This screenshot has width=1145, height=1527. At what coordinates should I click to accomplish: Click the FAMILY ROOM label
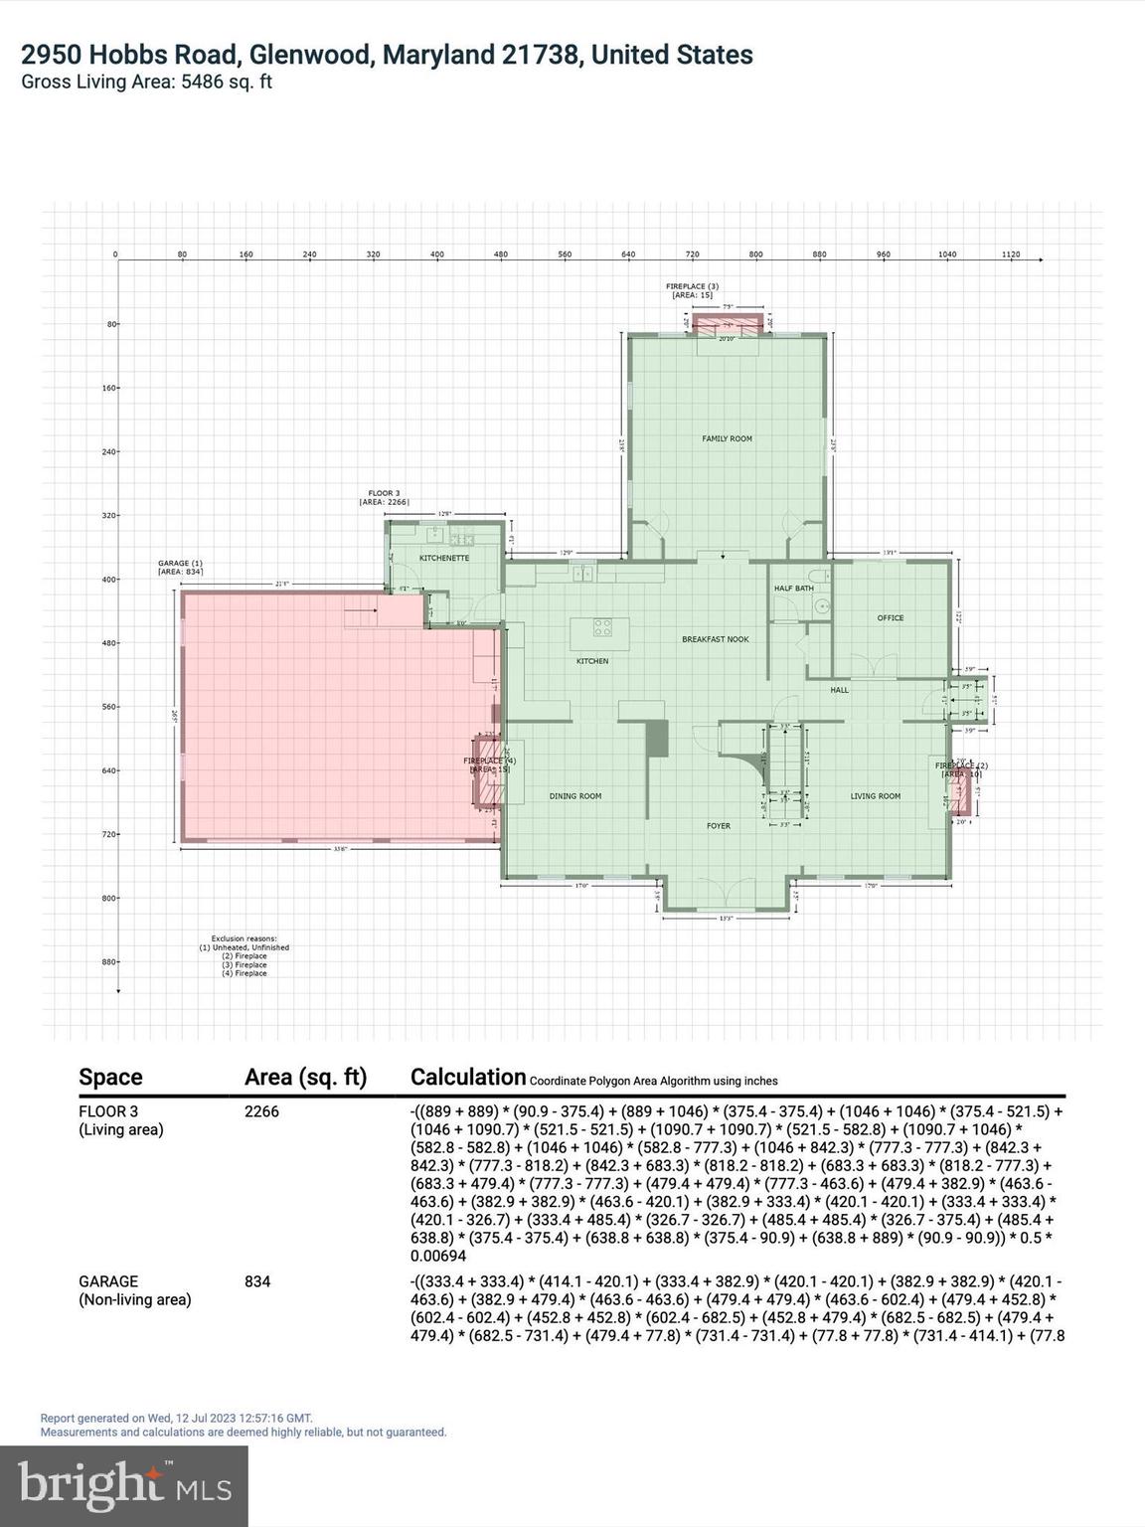(727, 438)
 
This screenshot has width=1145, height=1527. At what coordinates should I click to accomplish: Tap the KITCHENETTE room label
(443, 558)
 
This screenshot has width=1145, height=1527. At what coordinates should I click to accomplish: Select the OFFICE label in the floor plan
(890, 617)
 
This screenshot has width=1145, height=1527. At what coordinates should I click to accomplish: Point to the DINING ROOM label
(575, 796)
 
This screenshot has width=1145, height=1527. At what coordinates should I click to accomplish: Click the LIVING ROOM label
(875, 796)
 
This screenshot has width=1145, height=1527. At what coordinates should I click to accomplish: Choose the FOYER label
(718, 826)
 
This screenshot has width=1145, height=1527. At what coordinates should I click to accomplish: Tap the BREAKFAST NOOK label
(716, 639)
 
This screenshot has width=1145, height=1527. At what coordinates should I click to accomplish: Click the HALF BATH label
(793, 589)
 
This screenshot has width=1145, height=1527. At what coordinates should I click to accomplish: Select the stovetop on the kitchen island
(603, 627)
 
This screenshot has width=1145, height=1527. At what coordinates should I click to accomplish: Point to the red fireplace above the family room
(728, 322)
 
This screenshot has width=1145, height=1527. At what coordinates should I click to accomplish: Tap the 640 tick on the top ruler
(628, 254)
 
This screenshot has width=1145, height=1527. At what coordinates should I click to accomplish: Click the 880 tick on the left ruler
(110, 961)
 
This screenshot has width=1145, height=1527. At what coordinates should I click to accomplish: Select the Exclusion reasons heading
(244, 938)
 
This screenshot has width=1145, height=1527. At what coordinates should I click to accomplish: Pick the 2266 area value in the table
(261, 1111)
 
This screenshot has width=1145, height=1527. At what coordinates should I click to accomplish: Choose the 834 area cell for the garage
(256, 1281)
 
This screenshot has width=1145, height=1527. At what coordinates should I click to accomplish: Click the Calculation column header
(467, 1077)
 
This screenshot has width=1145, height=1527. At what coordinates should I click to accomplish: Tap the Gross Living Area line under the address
(147, 83)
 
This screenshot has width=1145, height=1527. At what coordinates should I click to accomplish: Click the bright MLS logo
(124, 1485)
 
